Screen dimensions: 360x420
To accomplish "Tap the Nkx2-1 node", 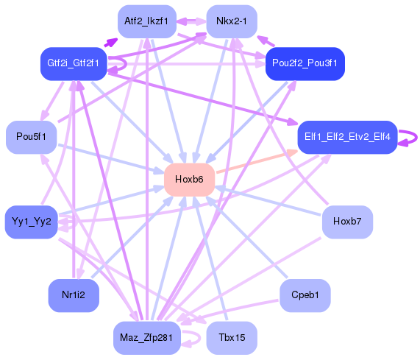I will click(231, 21).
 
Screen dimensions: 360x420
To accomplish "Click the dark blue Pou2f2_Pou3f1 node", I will click(305, 63).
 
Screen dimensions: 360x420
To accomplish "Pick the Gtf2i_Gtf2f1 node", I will click(74, 63).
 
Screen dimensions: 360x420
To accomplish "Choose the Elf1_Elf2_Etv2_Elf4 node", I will click(347, 137).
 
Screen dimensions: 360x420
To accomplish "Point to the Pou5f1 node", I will click(32, 137).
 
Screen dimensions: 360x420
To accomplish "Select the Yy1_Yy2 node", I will click(31, 222).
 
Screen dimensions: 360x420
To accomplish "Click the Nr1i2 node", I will click(74, 295).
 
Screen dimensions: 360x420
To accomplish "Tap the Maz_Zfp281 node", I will click(146, 338).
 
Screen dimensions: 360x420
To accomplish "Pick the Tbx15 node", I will click(232, 338).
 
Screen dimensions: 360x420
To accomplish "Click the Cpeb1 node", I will click(305, 295).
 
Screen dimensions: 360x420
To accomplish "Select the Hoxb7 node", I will click(347, 222).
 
